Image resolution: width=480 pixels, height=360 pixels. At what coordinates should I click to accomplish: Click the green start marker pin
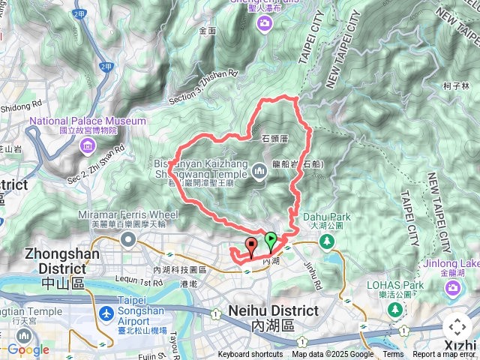tap(271, 241)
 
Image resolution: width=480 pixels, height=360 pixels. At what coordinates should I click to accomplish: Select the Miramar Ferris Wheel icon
tap(127, 240)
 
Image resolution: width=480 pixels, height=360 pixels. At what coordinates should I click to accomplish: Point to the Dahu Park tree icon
tap(326, 241)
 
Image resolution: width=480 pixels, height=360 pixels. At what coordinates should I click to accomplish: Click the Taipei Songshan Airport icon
tap(106, 312)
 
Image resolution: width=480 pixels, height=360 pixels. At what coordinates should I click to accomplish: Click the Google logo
tap(28, 350)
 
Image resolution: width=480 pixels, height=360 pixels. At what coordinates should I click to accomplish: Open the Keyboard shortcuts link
tap(250, 355)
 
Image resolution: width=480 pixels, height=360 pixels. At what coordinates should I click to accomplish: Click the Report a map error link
tap(444, 355)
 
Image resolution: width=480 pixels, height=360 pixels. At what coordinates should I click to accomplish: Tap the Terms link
tap(393, 355)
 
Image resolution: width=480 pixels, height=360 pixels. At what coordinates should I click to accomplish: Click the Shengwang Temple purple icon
tap(259, 172)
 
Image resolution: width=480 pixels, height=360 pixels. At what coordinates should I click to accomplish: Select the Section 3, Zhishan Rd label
tap(202, 87)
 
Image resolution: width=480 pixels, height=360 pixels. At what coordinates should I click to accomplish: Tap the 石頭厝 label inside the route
tap(276, 139)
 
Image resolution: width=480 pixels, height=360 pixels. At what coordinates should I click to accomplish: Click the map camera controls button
tap(457, 327)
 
